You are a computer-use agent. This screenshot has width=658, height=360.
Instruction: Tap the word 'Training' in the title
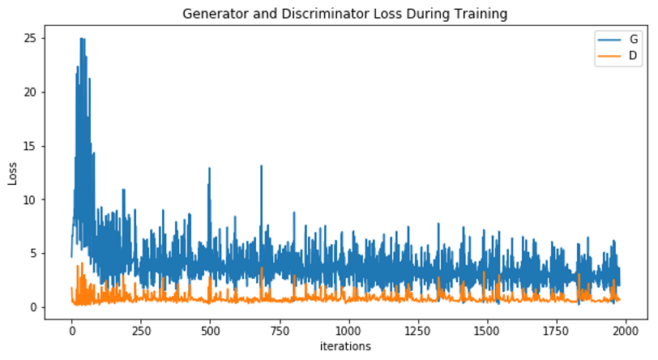tap(485, 14)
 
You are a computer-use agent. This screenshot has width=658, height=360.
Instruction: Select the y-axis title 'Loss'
tap(13, 172)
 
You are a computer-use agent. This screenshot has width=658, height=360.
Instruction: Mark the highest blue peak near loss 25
tap(81, 39)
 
